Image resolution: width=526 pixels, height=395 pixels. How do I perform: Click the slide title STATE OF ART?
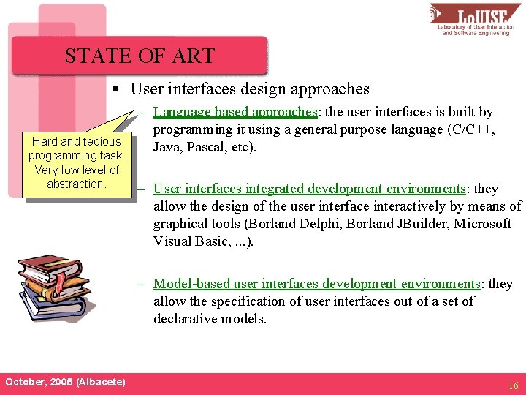(x=139, y=56)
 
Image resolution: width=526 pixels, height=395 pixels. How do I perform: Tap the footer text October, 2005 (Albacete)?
(x=65, y=383)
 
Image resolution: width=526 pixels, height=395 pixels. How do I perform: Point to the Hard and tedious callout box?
(x=77, y=162)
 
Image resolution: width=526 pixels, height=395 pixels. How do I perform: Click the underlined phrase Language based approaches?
(x=235, y=112)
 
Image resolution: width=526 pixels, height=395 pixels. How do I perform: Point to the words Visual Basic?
(x=187, y=241)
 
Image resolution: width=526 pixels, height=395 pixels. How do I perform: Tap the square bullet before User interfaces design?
(x=115, y=89)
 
